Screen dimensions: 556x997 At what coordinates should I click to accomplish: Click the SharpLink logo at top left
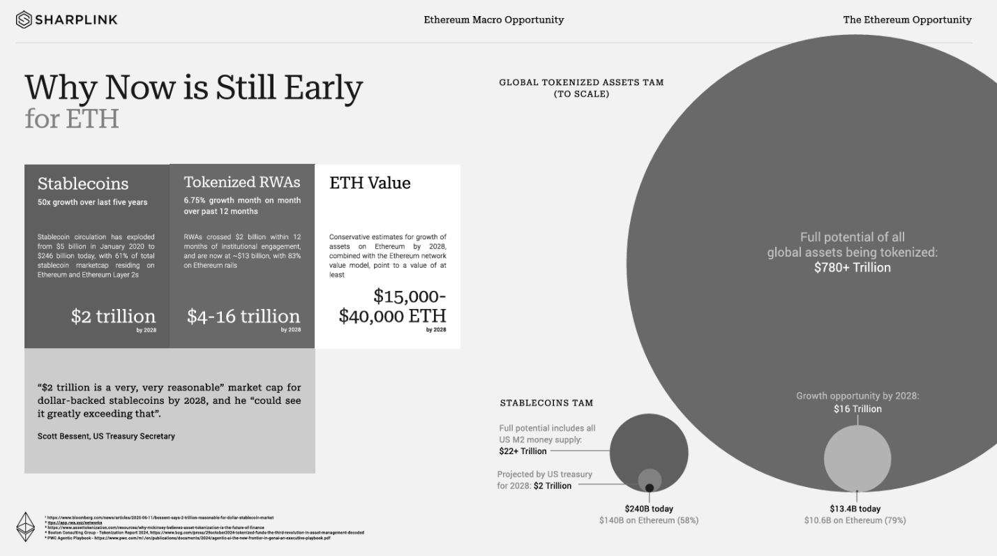coord(67,20)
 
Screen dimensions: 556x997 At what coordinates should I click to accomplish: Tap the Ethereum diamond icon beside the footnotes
coord(26,527)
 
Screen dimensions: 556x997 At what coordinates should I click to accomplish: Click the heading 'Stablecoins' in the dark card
coord(83,183)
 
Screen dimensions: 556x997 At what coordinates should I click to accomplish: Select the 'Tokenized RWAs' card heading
coord(242,182)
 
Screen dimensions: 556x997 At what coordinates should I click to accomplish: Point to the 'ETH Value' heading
coord(370,183)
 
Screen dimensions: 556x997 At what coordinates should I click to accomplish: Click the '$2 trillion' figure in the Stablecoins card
coord(113,316)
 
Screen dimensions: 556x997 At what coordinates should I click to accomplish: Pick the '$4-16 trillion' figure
coord(243,316)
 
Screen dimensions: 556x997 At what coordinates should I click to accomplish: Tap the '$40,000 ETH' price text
coord(392,316)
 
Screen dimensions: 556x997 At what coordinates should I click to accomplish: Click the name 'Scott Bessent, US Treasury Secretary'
coord(106,436)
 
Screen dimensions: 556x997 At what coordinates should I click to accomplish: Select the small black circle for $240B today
coord(650,488)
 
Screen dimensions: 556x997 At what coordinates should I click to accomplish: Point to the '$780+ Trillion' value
coord(852,267)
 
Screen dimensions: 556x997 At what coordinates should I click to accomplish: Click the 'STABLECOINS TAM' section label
coord(546,403)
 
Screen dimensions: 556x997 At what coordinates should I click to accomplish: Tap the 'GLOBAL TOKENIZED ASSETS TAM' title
coord(581,82)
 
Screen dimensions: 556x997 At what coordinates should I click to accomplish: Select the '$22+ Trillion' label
coord(523,451)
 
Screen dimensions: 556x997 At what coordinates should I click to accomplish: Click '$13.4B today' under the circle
coord(855,509)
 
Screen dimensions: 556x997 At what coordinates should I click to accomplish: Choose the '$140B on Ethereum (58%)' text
coord(648,520)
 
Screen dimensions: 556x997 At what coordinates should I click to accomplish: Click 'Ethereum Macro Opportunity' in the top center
coord(493,20)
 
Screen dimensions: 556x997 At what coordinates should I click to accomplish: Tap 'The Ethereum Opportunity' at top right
coord(907,20)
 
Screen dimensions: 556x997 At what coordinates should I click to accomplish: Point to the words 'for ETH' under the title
coord(72,118)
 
